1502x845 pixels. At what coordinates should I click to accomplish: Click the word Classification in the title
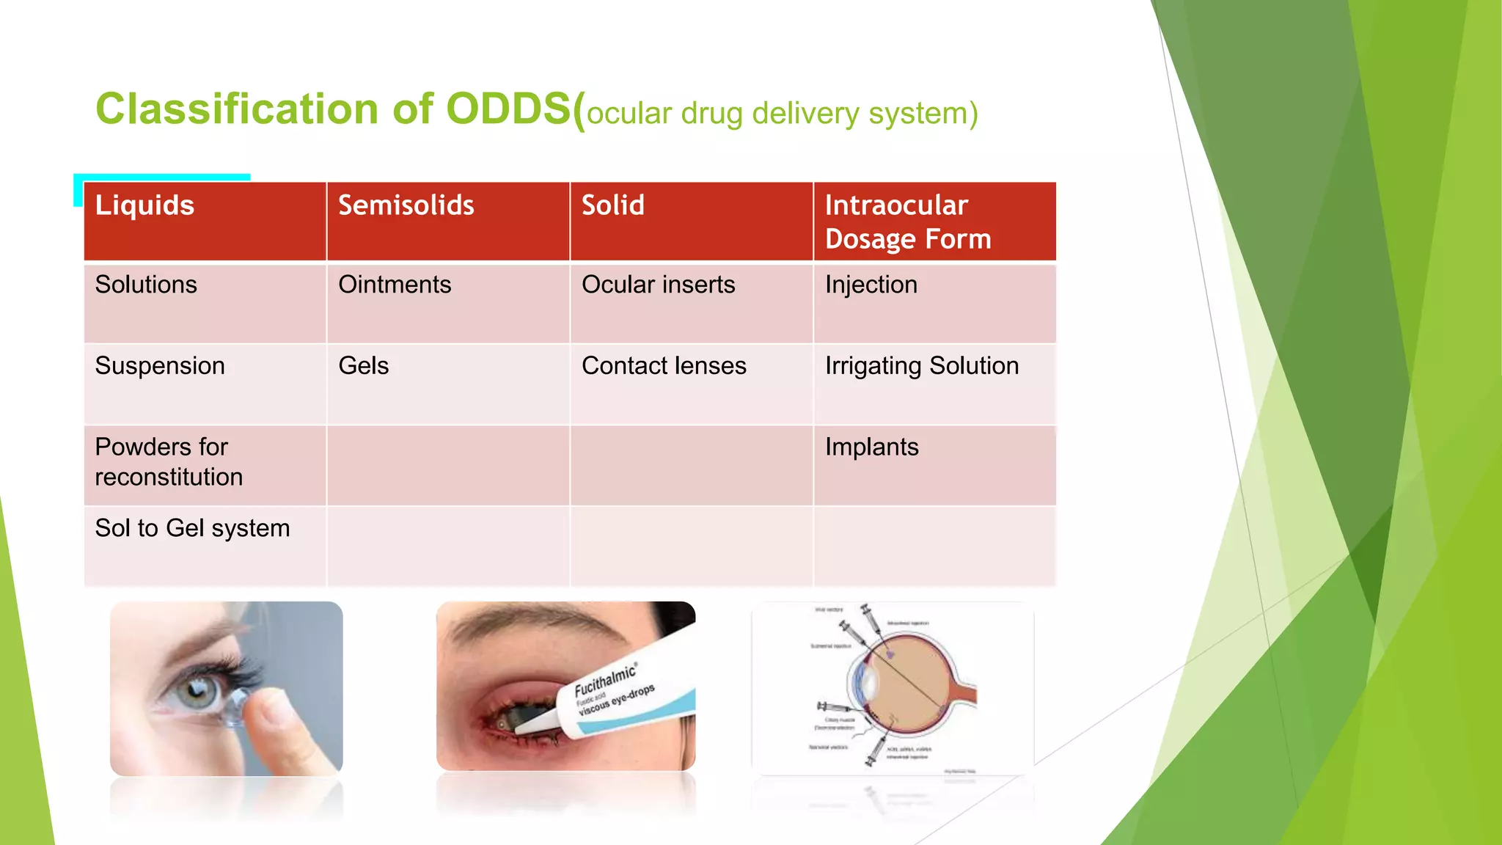[x=236, y=109]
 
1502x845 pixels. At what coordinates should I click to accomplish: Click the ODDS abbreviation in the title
[x=508, y=109]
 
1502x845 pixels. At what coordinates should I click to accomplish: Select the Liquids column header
[x=144, y=205]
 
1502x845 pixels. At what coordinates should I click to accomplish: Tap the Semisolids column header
[x=406, y=205]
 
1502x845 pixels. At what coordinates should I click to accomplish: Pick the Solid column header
[x=612, y=205]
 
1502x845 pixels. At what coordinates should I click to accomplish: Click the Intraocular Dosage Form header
[x=907, y=222]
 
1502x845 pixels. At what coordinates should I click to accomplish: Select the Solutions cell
[x=146, y=285]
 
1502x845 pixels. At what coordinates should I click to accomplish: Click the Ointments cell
[x=395, y=285]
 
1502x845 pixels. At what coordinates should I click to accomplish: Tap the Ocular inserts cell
[x=658, y=285]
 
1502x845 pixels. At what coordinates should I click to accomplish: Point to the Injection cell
[x=871, y=285]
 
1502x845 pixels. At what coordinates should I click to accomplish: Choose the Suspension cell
[x=160, y=365]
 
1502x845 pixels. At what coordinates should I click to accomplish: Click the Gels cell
[x=363, y=365]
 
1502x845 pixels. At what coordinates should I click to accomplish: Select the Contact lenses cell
[x=664, y=365]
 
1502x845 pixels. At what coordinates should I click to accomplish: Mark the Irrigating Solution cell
[x=921, y=365]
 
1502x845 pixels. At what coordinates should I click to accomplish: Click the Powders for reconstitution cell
[x=169, y=462]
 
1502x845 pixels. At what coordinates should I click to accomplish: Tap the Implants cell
[x=871, y=447]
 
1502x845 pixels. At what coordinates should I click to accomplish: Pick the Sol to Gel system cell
[x=192, y=528]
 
